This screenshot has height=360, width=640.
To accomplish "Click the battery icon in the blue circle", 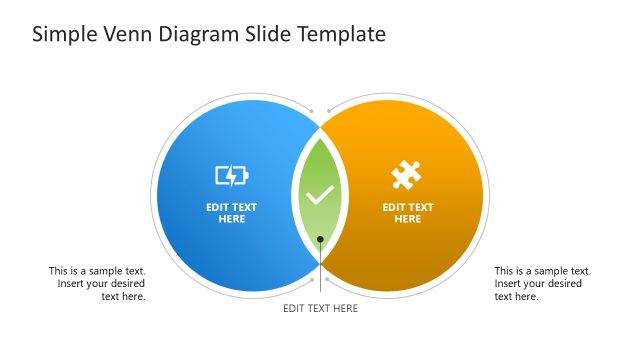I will click(x=231, y=176).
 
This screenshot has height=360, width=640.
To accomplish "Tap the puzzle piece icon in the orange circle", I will click(x=405, y=176).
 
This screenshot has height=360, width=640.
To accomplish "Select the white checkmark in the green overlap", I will click(x=320, y=195).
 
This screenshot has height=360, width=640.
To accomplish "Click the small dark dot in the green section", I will click(x=320, y=239).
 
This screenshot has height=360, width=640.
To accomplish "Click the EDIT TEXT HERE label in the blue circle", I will click(x=231, y=213).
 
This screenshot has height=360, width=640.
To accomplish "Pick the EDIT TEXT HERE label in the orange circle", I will click(x=408, y=213).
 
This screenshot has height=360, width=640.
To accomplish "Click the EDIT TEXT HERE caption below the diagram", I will click(x=320, y=308).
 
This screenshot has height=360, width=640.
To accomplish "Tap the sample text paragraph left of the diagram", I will click(x=98, y=283).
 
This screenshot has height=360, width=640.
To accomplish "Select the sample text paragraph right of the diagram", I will click(x=542, y=283).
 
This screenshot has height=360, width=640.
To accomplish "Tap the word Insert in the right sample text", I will click(x=510, y=283).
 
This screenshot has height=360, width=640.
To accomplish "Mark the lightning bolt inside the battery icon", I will click(x=230, y=176).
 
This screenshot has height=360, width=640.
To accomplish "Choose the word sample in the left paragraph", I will click(x=103, y=270).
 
